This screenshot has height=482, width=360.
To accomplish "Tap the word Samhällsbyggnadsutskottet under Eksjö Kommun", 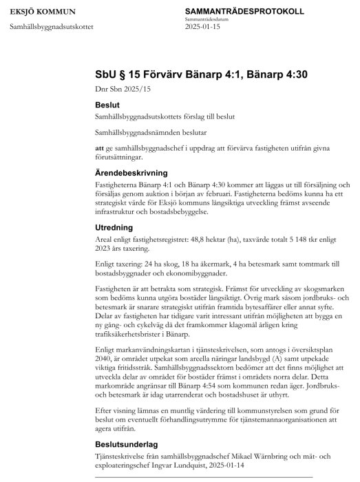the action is (51, 28).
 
